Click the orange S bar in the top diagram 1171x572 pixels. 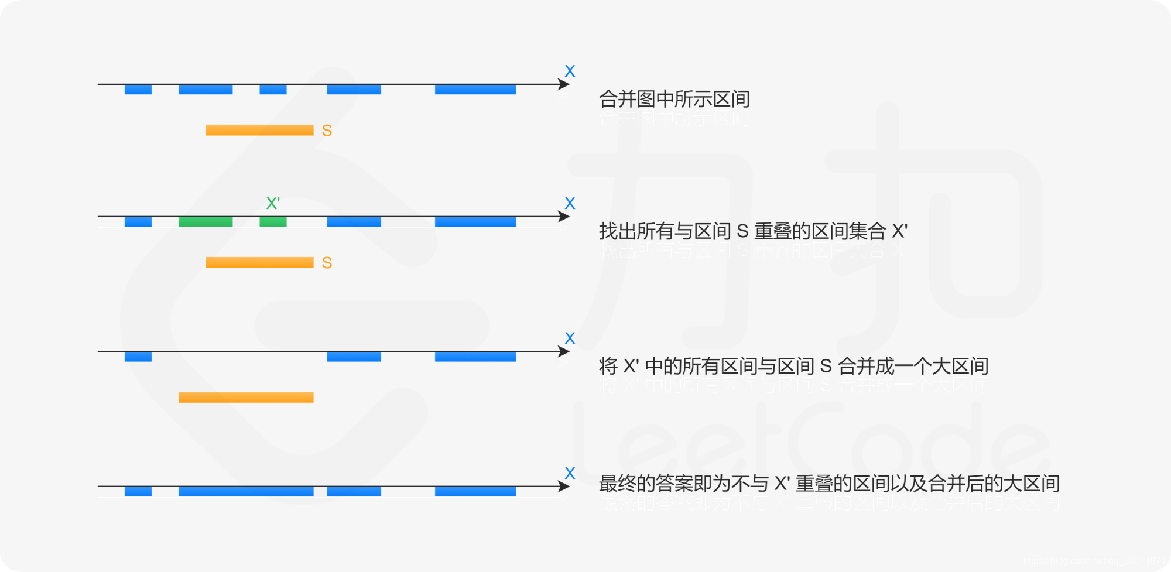(x=259, y=130)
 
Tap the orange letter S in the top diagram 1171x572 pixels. (x=327, y=131)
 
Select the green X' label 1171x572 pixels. (x=273, y=203)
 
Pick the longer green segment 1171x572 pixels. (x=206, y=222)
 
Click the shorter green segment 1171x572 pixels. (x=273, y=222)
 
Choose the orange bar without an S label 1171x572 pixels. (x=246, y=398)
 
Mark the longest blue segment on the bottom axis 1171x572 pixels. (x=246, y=492)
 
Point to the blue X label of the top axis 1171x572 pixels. (x=570, y=71)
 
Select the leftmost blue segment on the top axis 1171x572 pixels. (x=138, y=90)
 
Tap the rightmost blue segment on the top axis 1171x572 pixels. (x=475, y=90)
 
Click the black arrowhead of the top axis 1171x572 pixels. (x=564, y=84)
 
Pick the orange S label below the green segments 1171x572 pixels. (x=327, y=263)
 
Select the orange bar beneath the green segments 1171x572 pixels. (x=259, y=262)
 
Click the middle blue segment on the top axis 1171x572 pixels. (x=273, y=90)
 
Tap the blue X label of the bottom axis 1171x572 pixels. (x=570, y=473)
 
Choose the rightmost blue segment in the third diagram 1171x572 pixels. (x=475, y=357)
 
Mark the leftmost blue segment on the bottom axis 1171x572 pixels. (x=138, y=492)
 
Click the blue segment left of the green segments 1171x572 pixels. (x=138, y=222)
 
